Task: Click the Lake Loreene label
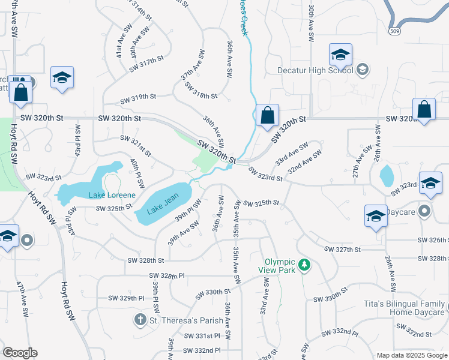pyautogui.click(x=112, y=195)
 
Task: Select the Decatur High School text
pyautogui.click(x=307, y=70)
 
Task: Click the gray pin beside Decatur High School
pyautogui.click(x=362, y=70)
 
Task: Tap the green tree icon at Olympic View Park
pyautogui.click(x=304, y=265)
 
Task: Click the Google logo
pyautogui.click(x=20, y=353)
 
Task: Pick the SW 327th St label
pyautogui.click(x=342, y=249)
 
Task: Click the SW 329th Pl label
pyautogui.click(x=126, y=298)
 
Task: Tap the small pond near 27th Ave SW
pyautogui.click(x=387, y=175)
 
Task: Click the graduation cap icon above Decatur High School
pyautogui.click(x=340, y=55)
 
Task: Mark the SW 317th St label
pyautogui.click(x=146, y=63)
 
